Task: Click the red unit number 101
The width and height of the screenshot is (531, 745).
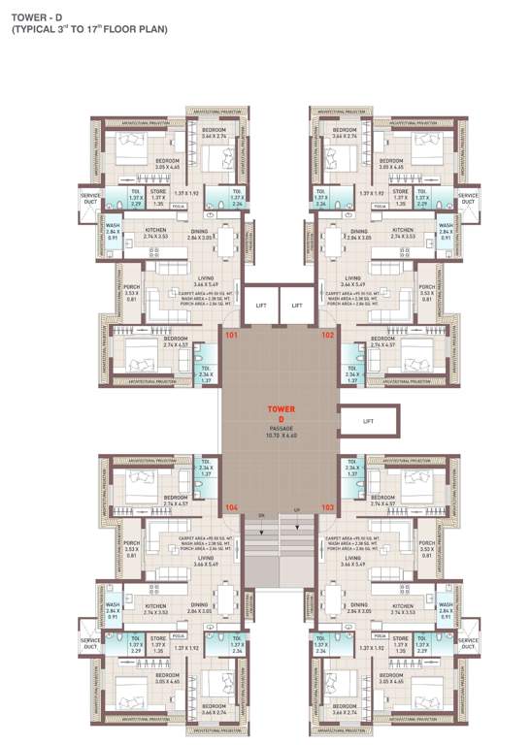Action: click(231, 336)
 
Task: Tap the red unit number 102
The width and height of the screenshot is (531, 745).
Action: click(327, 336)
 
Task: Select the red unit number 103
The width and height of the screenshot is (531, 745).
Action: click(327, 507)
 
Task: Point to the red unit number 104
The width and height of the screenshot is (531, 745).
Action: click(231, 507)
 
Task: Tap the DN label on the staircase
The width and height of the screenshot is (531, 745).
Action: click(260, 514)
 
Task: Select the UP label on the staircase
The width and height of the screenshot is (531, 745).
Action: click(296, 514)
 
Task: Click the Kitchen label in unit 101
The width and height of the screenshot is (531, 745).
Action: click(155, 230)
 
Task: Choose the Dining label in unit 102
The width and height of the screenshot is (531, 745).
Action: click(359, 231)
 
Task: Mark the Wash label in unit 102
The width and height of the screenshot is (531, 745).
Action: click(447, 229)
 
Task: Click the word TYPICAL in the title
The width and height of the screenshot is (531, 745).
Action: click(36, 30)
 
